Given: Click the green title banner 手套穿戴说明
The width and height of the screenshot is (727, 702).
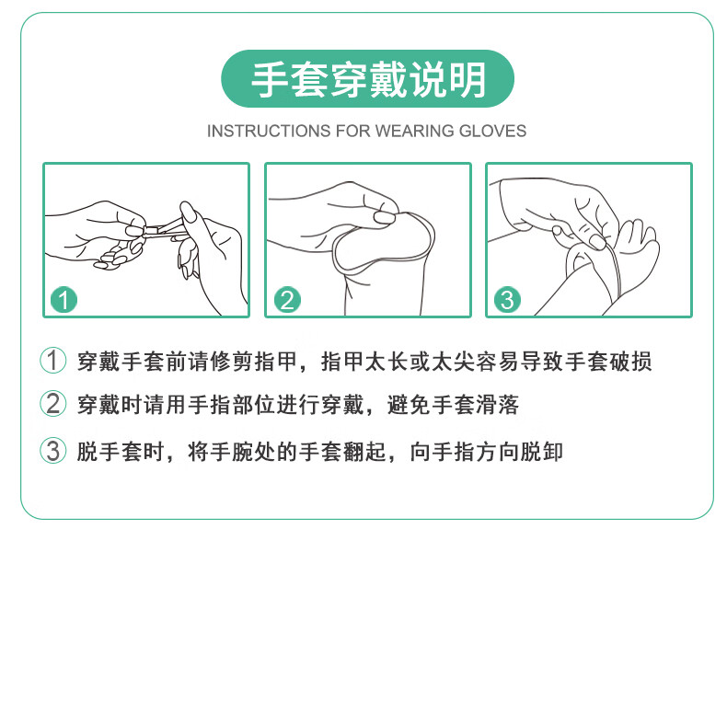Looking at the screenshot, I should (367, 79).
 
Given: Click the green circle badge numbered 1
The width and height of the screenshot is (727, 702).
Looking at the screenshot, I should (63, 299).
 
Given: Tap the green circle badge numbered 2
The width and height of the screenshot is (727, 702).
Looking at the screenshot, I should (285, 299).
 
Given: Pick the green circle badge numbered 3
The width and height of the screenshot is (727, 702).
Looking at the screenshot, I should (506, 299).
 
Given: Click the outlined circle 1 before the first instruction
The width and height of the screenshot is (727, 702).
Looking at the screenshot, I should (53, 362).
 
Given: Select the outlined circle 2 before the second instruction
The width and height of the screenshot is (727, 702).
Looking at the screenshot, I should (53, 404).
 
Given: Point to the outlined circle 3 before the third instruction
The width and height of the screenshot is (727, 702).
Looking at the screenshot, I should (53, 451).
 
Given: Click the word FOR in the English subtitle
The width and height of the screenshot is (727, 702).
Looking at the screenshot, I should (352, 132).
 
